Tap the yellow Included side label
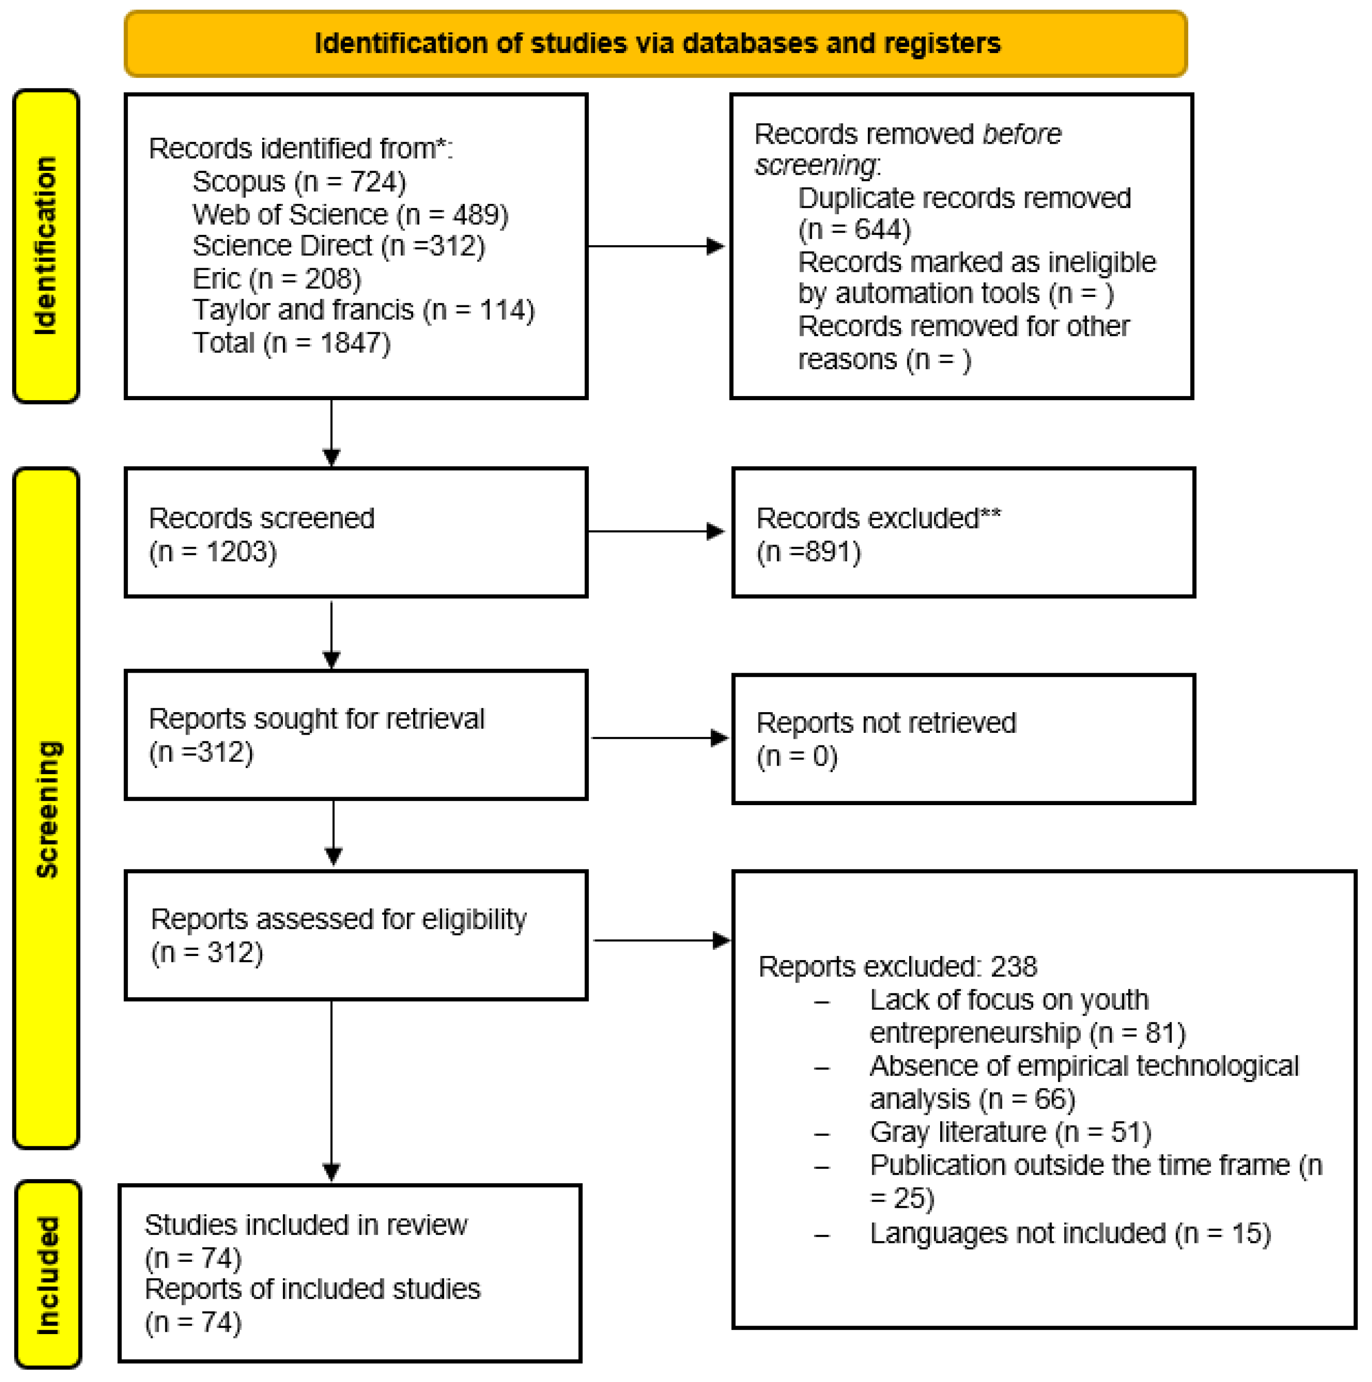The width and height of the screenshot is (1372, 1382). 47,1275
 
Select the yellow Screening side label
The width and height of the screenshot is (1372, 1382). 46,808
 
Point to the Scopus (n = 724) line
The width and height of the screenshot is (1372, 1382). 299,182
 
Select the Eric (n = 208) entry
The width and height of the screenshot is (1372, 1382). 277,278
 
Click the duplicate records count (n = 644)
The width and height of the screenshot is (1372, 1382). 854,230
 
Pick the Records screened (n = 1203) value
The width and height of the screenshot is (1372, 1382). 212,551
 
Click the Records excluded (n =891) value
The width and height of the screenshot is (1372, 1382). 808,551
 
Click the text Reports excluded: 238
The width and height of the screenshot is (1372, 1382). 897,966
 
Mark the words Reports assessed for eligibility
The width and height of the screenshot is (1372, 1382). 338,919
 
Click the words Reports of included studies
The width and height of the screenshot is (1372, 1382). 312,1289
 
